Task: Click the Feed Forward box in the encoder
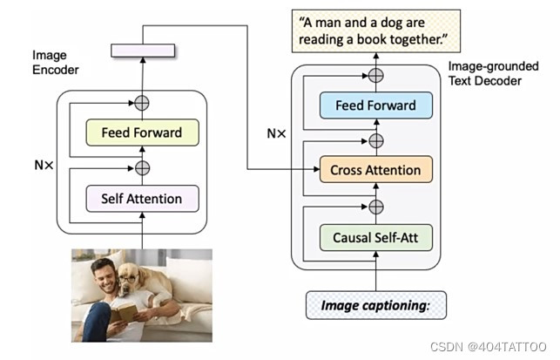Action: click(x=142, y=132)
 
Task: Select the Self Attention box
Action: click(x=142, y=199)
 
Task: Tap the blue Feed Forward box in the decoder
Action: click(x=375, y=106)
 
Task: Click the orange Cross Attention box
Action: click(x=375, y=170)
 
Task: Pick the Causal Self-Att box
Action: click(x=375, y=236)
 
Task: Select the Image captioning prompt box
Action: click(x=375, y=305)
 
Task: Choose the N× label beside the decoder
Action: click(x=276, y=134)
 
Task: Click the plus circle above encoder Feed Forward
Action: click(x=142, y=103)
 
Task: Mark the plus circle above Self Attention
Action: click(x=142, y=167)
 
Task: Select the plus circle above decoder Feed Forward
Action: click(x=375, y=75)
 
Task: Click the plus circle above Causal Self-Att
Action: click(x=375, y=207)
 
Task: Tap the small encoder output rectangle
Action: click(x=142, y=51)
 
